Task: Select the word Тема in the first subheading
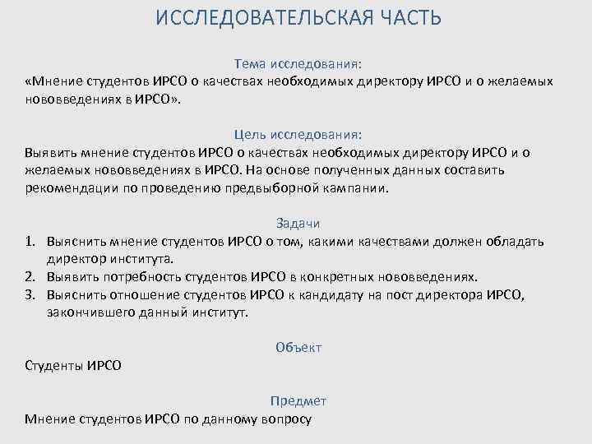click(x=250, y=63)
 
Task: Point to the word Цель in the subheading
click(x=250, y=134)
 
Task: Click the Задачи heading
click(x=298, y=223)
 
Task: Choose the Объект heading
click(x=299, y=348)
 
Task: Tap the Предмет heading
click(x=298, y=401)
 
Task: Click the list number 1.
click(x=30, y=241)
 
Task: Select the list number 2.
click(x=30, y=276)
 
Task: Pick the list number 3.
click(x=30, y=294)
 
